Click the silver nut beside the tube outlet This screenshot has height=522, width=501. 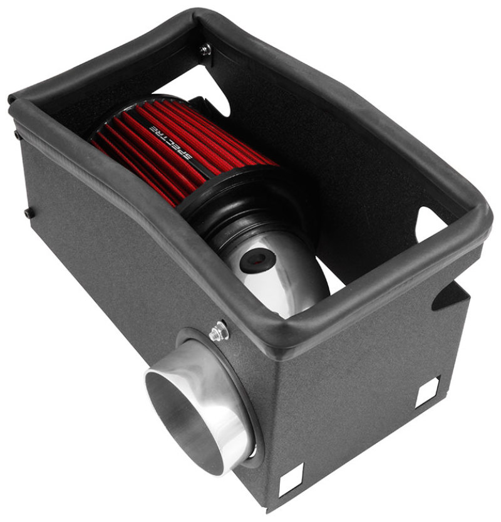pyautogui.click(x=218, y=331)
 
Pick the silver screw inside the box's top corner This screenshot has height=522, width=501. pyautogui.click(x=205, y=49)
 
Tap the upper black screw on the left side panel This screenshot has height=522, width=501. pyautogui.click(x=16, y=133)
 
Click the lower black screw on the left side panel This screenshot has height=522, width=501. pyautogui.click(x=28, y=212)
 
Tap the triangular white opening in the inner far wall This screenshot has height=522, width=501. pyautogui.click(x=432, y=222)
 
